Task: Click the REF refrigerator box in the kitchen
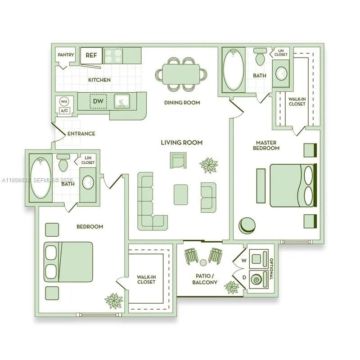[91, 55]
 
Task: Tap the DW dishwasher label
[98, 101]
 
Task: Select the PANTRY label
[66, 55]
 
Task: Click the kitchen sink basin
[121, 101]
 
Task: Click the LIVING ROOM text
[182, 143]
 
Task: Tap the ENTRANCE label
[81, 134]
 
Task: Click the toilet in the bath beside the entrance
[63, 164]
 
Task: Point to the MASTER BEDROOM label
[265, 145]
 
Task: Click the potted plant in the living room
[209, 165]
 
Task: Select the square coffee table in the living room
[181, 194]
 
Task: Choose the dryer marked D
[259, 279]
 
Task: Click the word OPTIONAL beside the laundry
[271, 268]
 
